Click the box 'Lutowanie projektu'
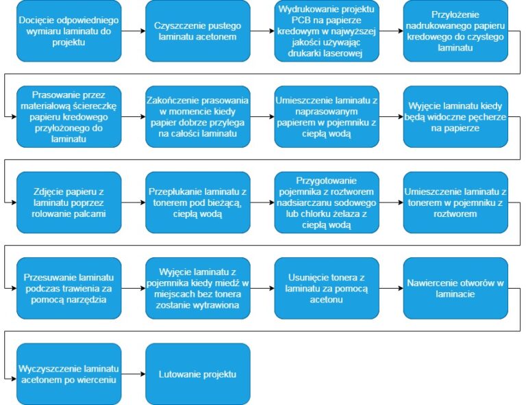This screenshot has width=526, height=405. [197, 374]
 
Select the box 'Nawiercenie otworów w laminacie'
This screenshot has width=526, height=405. [455, 288]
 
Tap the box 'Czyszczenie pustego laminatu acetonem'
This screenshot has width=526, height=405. [197, 31]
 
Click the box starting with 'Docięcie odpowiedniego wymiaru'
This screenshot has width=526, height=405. [68, 31]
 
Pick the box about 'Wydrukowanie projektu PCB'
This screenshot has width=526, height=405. [326, 31]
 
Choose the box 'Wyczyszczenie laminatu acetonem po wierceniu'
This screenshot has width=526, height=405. [68, 374]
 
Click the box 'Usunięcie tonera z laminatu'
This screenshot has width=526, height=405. [326, 288]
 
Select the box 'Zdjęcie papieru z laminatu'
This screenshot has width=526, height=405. [68, 202]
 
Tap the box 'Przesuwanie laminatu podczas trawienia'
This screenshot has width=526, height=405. [68, 288]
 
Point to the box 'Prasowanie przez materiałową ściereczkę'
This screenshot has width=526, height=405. [68, 116]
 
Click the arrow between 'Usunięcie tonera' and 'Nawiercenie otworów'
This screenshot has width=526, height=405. [390, 288]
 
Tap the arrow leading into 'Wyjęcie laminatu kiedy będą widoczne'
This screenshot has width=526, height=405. [390, 116]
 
